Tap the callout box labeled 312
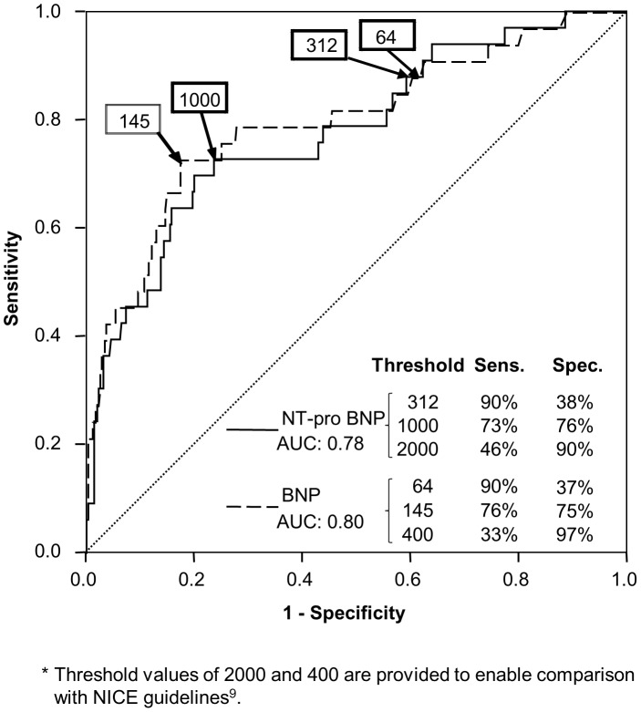[319, 46]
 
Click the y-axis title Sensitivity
[15, 281]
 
